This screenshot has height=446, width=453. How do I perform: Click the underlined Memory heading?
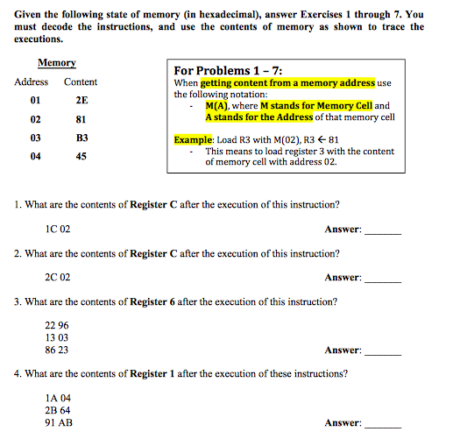tap(56, 63)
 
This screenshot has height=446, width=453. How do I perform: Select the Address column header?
tap(32, 82)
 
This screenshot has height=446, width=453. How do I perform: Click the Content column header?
tap(81, 82)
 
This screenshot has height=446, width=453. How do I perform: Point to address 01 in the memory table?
tap(35, 101)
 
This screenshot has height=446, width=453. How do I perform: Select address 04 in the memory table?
tap(35, 157)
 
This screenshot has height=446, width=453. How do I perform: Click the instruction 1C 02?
tap(57, 229)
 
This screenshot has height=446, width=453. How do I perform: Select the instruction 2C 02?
tap(57, 277)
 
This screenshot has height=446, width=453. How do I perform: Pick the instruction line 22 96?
tap(56, 326)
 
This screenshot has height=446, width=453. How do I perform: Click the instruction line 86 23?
tap(56, 350)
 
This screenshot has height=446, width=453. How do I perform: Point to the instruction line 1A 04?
tap(57, 398)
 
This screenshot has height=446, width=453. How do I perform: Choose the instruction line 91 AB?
tap(58, 422)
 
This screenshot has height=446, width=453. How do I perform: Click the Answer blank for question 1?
tap(382, 230)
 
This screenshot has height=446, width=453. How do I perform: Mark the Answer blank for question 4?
tap(382, 424)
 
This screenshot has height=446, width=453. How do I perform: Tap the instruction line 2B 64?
tap(57, 410)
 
